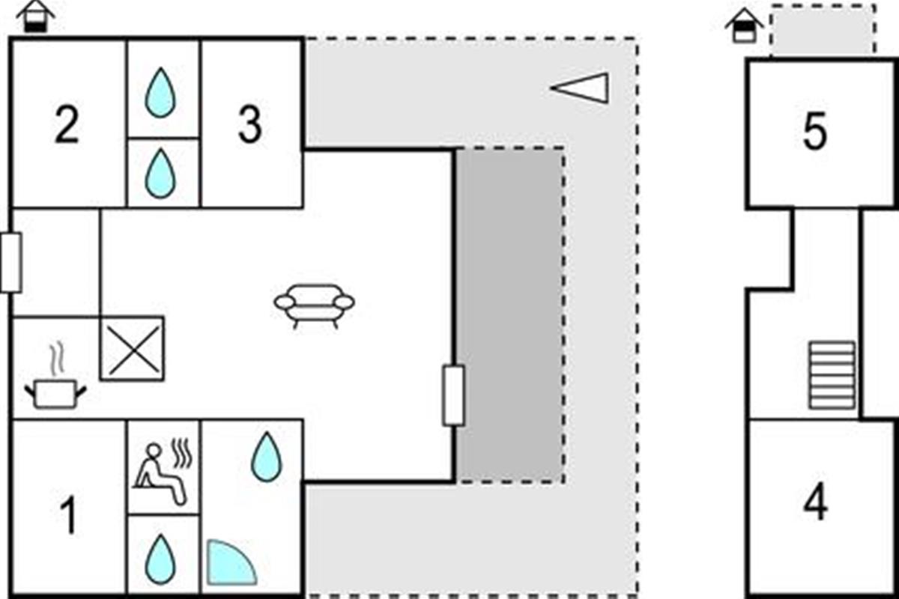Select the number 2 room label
click(x=67, y=124)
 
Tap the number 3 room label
click(x=250, y=124)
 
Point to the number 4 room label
click(x=816, y=502)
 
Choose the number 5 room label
click(x=815, y=131)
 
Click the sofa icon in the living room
click(x=314, y=306)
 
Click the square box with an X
click(x=132, y=348)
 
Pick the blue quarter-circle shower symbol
click(x=231, y=562)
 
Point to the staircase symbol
click(x=832, y=376)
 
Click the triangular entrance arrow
click(x=580, y=88)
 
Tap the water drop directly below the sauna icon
click(x=160, y=559)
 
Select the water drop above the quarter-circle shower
click(x=267, y=456)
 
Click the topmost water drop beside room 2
click(x=160, y=93)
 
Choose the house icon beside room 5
click(x=745, y=25)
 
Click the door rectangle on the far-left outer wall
click(x=10, y=262)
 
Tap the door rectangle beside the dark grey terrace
click(x=453, y=395)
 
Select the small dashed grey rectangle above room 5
click(x=823, y=30)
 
